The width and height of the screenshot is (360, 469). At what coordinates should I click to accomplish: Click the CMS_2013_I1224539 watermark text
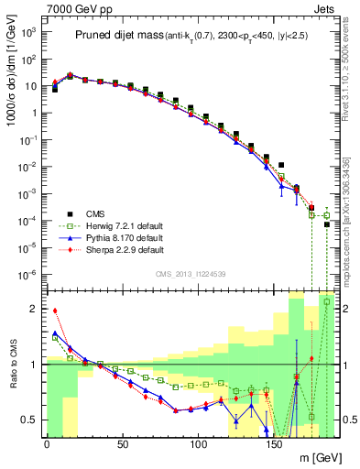[x=191, y=272]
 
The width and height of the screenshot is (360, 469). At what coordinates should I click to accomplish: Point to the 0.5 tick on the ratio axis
[x=31, y=420]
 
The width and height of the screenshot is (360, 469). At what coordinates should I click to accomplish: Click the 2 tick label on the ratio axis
[x=35, y=309]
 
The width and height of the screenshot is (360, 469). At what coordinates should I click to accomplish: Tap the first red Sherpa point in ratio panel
[x=55, y=311]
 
